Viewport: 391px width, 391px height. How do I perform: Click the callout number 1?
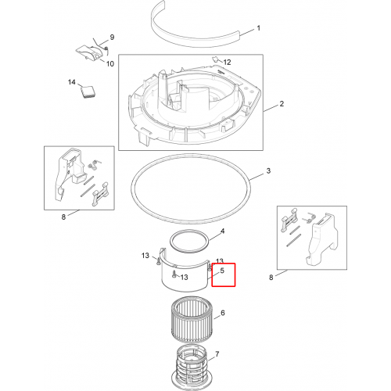coord(258,28)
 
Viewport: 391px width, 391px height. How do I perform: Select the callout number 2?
coord(282,104)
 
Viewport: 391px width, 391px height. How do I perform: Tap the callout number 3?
coord(268,171)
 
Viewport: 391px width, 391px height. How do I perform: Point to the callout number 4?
coord(222,231)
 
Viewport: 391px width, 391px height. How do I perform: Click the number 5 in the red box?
coord(222,271)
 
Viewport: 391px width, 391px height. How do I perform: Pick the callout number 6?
coord(223,313)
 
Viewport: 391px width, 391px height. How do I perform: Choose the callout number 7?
coord(217,354)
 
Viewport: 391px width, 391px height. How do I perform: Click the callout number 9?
coord(112,37)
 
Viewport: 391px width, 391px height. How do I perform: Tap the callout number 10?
coord(110,63)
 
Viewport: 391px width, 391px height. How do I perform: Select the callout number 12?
coord(227,62)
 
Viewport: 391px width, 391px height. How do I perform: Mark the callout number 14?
coord(72,82)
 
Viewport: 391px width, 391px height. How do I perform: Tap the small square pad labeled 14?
coord(88,91)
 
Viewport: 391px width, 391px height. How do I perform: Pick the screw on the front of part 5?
coord(174,274)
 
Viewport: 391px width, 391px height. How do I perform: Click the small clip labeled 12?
coord(215,59)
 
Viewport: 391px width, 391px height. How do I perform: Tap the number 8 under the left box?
coord(63,217)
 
